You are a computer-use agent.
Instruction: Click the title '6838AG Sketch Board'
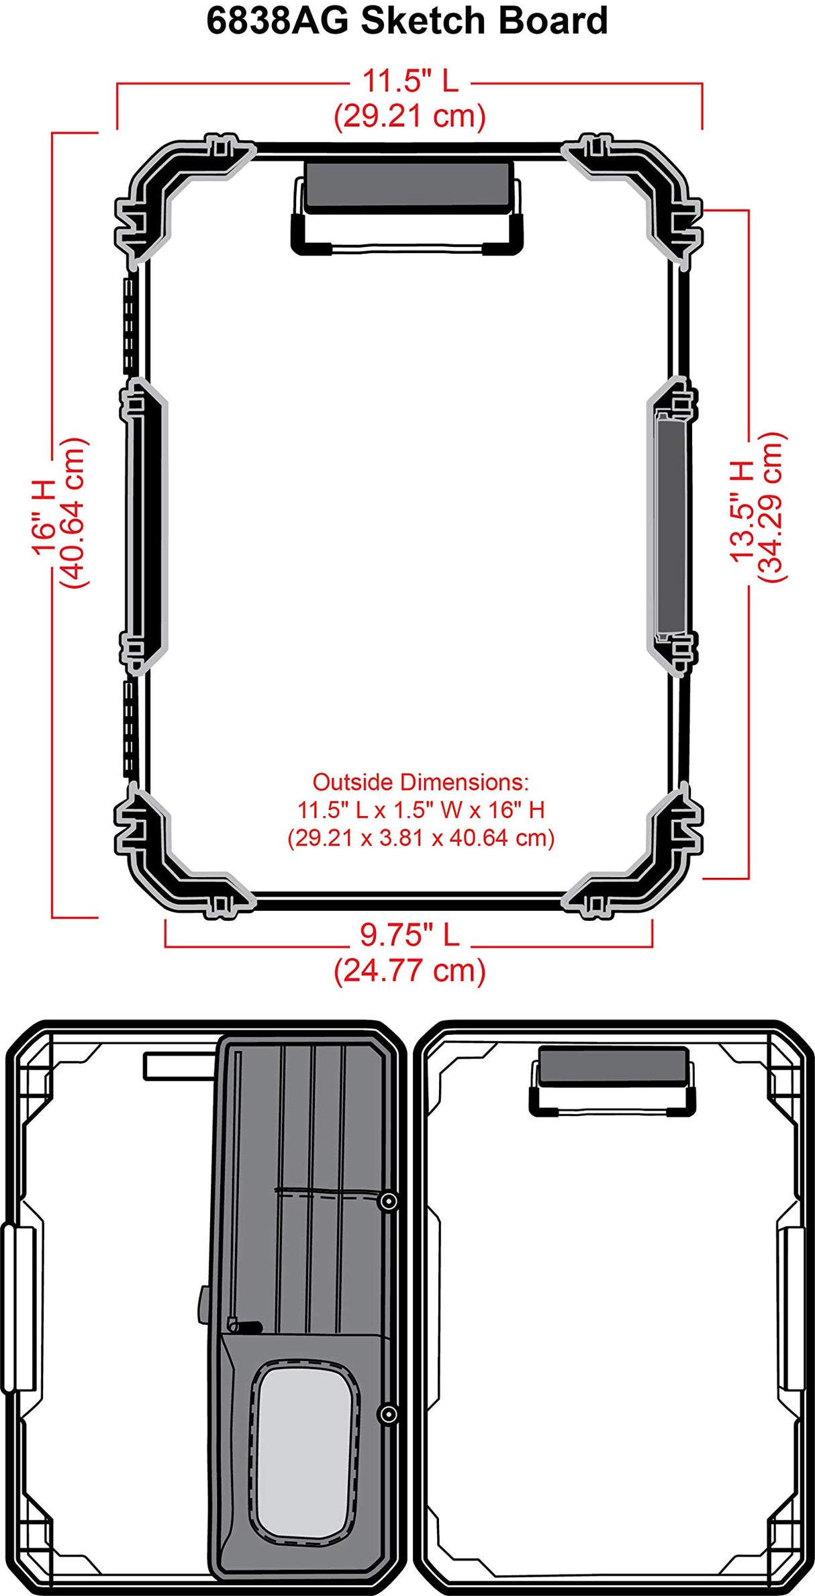click(407, 21)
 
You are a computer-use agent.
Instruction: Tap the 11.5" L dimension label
click(410, 81)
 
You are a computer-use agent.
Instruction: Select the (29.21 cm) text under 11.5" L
click(410, 116)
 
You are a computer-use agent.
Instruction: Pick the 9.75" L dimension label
click(410, 935)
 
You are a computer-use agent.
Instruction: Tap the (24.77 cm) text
click(410, 970)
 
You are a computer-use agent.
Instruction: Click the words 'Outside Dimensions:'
click(421, 782)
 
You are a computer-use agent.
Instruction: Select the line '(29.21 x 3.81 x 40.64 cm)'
click(421, 838)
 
